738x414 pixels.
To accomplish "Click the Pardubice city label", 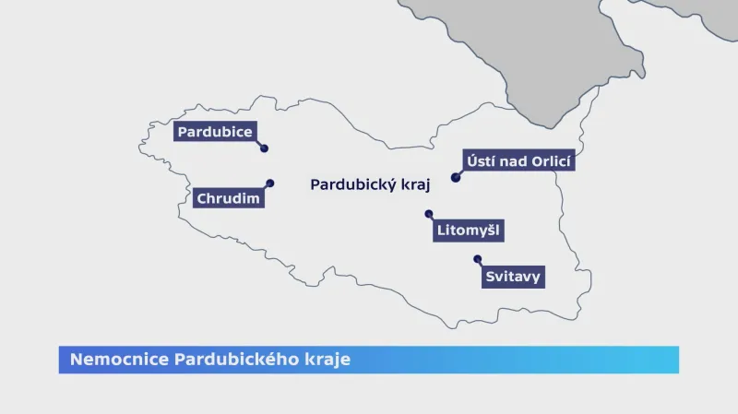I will [x=215, y=132].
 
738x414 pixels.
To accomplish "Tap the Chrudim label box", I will [x=229, y=198].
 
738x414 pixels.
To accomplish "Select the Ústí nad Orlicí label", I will [x=520, y=162].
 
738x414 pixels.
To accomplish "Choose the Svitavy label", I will [x=513, y=276].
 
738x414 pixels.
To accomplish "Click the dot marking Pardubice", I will [x=264, y=148].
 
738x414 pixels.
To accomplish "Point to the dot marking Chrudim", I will [x=270, y=183].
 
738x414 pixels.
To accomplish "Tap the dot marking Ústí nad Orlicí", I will [x=455, y=178].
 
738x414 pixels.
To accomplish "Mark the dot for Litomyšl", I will [x=428, y=214].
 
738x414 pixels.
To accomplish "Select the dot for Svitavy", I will [x=477, y=258].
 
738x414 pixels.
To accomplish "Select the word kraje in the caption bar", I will [x=329, y=359].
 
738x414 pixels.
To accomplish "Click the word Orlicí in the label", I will [x=552, y=162].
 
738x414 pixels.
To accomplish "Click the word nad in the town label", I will [x=513, y=162].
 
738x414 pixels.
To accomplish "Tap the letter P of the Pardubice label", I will [x=183, y=132].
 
